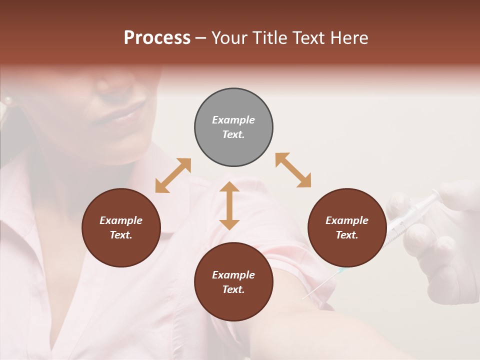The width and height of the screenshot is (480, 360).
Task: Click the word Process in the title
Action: point(157,38)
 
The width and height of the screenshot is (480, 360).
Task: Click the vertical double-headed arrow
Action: point(229,205)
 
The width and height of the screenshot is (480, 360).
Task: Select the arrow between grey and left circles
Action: point(173,175)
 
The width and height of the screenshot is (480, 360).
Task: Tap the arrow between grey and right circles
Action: point(293,170)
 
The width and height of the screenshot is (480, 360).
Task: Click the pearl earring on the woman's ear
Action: point(7,101)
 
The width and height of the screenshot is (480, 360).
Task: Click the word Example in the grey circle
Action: point(233,120)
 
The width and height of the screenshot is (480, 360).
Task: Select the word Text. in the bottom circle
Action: point(233,289)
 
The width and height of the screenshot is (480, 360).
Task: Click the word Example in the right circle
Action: point(347,220)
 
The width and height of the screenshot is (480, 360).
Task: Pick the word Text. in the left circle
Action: point(121,235)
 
